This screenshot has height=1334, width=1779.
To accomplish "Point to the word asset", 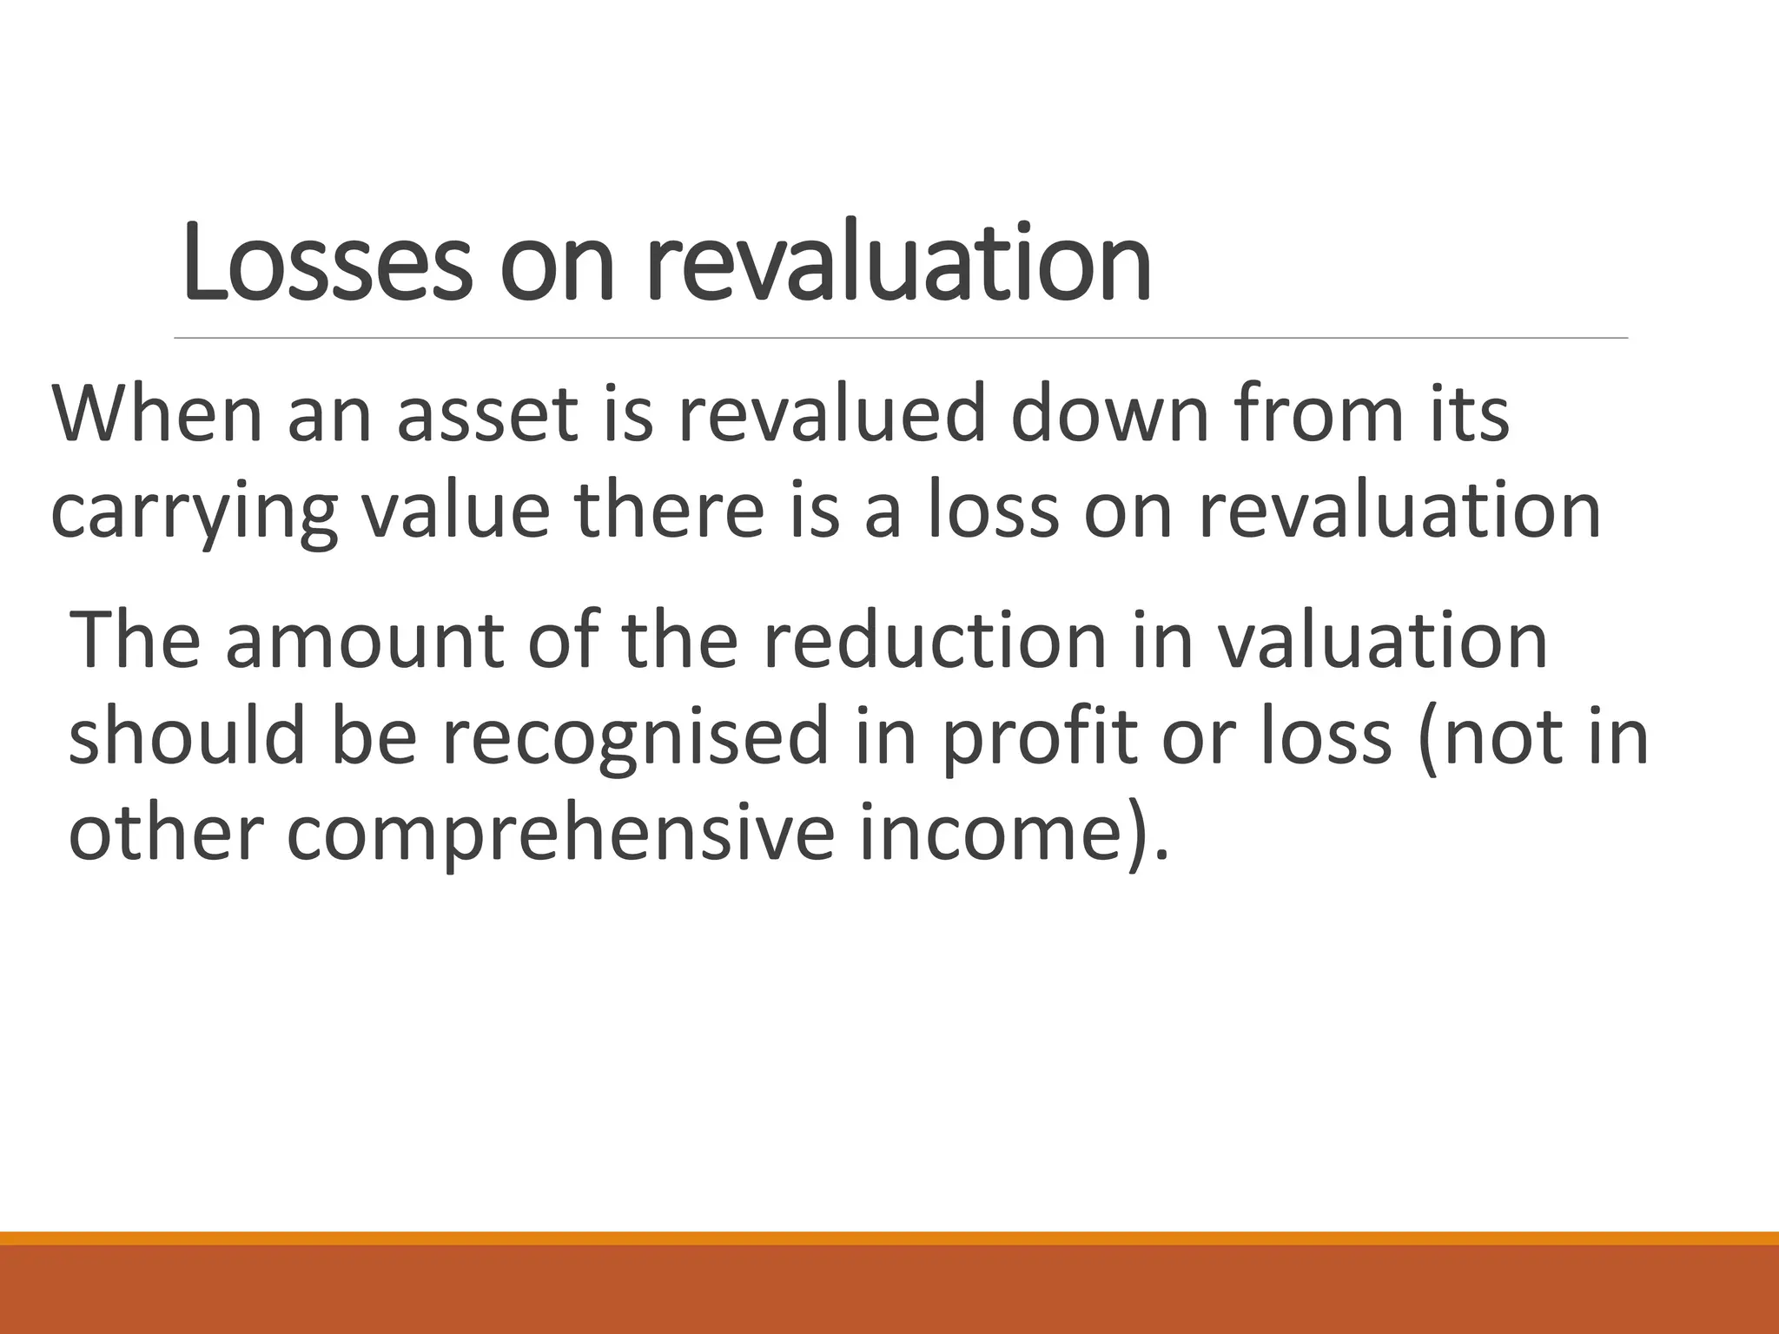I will [x=487, y=415].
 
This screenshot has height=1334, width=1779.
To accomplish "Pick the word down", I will [x=1108, y=415].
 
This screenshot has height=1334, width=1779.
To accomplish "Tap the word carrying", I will [x=194, y=512].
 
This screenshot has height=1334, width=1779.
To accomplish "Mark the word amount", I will [x=364, y=642].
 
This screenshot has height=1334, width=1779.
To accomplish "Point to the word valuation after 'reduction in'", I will [x=1380, y=642].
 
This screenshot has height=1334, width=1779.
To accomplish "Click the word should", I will [x=187, y=737].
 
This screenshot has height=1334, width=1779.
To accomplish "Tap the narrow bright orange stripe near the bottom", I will [x=889, y=1238].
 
